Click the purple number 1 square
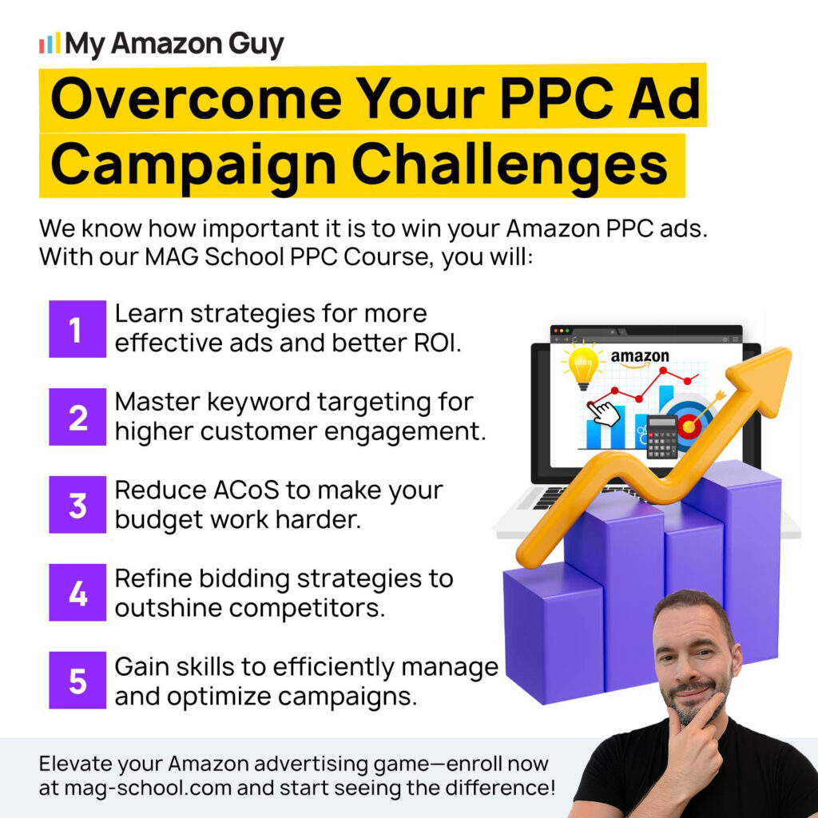(77, 328)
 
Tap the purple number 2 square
(77, 416)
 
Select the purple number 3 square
(77, 504)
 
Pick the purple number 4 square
(77, 592)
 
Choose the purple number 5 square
(77, 680)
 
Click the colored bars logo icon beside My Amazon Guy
(50, 43)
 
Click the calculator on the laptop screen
(661, 436)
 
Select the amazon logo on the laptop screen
(640, 357)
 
